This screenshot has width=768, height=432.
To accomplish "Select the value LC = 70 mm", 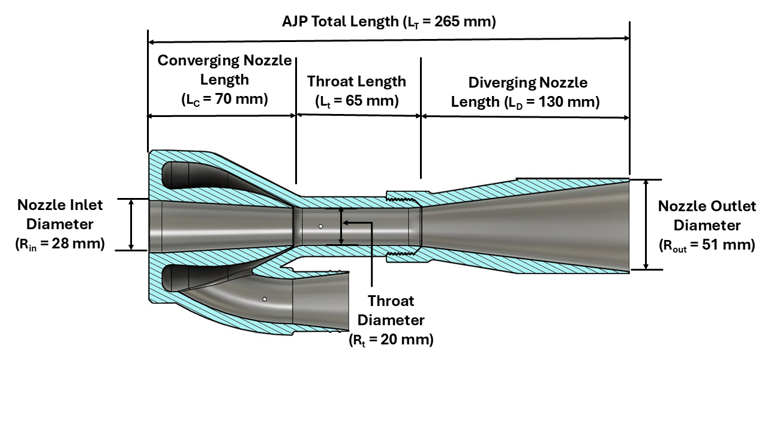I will click(x=224, y=99).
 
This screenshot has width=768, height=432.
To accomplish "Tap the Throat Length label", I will click(x=356, y=82).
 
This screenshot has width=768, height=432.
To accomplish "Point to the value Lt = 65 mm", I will click(x=356, y=101).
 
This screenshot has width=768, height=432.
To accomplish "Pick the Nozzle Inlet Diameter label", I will click(x=60, y=214).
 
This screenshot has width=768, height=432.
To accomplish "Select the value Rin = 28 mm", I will click(x=60, y=244).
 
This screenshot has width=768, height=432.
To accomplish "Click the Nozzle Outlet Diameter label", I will click(x=707, y=215).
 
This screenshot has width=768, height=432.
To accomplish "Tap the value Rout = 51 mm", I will click(x=707, y=245).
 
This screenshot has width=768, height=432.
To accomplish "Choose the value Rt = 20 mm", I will click(x=391, y=340).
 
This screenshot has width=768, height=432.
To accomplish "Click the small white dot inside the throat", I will click(x=321, y=227).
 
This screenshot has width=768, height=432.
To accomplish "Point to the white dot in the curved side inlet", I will click(x=264, y=298).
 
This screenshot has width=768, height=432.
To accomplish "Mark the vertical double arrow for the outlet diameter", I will click(x=646, y=224).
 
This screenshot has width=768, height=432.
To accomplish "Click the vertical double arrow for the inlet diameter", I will click(x=132, y=224).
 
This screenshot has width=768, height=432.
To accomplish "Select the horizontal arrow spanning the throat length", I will click(x=358, y=116).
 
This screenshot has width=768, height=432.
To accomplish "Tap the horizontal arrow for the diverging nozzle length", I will click(x=525, y=116).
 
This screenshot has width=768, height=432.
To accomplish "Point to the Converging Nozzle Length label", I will click(x=224, y=70).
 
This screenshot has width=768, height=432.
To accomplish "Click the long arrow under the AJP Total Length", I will click(x=389, y=40).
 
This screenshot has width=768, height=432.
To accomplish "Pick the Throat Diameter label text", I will click(x=391, y=310).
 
